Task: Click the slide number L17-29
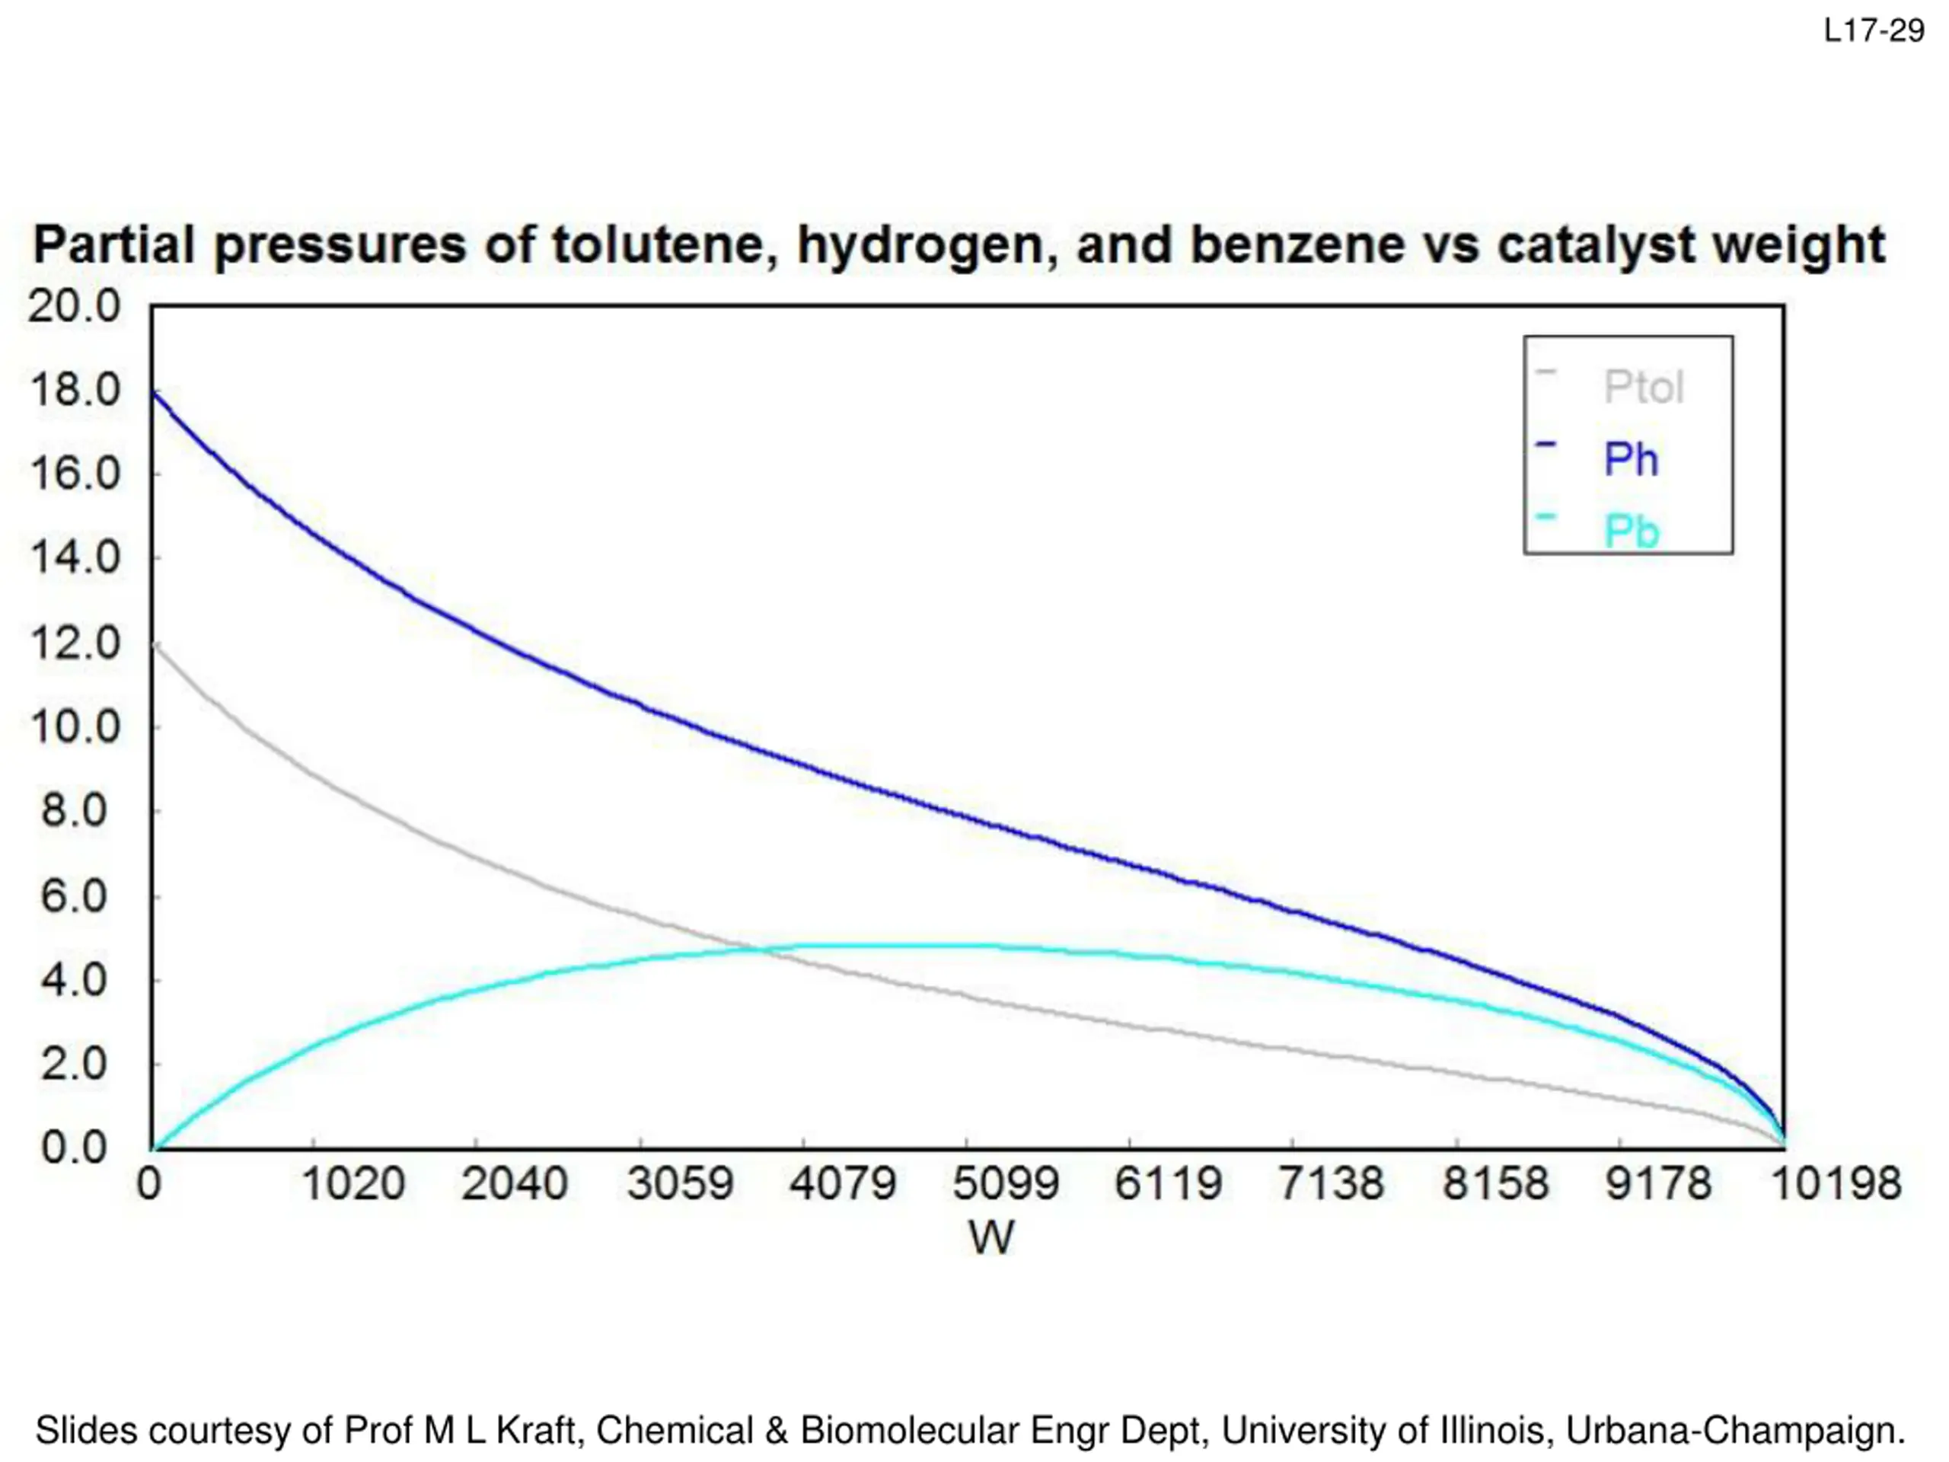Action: (x=1873, y=32)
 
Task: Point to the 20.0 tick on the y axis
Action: (x=74, y=307)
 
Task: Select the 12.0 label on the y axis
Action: (x=74, y=643)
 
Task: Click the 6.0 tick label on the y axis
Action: (x=74, y=896)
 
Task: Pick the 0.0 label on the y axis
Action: (x=74, y=1148)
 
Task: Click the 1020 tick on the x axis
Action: (x=352, y=1183)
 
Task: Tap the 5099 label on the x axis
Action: (x=1006, y=1183)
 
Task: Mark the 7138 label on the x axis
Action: (x=1331, y=1183)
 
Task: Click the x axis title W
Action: (x=991, y=1237)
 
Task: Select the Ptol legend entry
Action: (x=1643, y=387)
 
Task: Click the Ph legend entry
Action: (x=1631, y=459)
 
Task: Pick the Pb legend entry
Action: (x=1631, y=531)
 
